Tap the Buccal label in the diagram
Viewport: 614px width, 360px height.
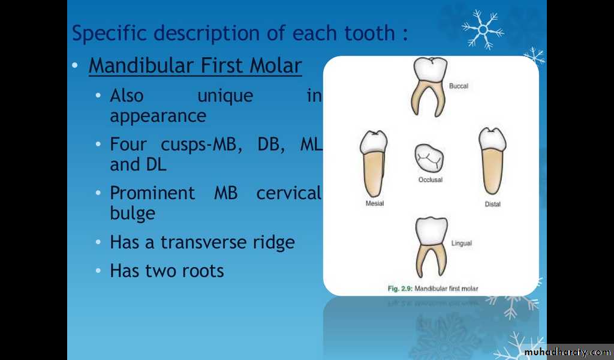[459, 86]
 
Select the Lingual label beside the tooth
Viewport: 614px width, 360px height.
[462, 243]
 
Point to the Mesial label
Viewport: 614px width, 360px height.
[375, 203]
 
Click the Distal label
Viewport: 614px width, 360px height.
[493, 204]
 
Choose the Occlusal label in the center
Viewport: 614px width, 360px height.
[431, 180]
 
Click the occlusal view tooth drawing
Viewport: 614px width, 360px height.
[429, 158]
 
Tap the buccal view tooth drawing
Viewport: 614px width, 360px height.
[429, 87]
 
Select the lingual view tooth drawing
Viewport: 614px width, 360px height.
[431, 247]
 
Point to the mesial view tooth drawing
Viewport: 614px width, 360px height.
[374, 164]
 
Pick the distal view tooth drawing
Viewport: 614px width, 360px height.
[492, 161]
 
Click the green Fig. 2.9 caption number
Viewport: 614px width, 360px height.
[400, 289]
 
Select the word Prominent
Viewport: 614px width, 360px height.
[152, 193]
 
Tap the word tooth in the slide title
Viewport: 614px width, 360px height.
[369, 33]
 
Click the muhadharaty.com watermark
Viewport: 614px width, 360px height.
[567, 352]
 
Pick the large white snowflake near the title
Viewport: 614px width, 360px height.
[483, 29]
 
